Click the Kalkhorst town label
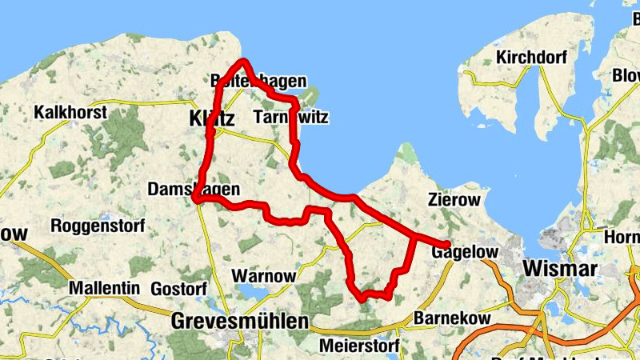pyautogui.click(x=70, y=113)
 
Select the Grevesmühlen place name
pyautogui.click(x=239, y=322)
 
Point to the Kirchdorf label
pyautogui.click(x=530, y=58)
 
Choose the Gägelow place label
pyautogui.click(x=465, y=253)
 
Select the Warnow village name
pyautogui.click(x=263, y=276)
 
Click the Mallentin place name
pyautogui.click(x=105, y=288)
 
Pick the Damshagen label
pyautogui.click(x=194, y=190)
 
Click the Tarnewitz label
pyautogui.click(x=290, y=118)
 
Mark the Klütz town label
pyautogui.click(x=212, y=119)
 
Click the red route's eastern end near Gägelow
pyautogui.click(x=446, y=245)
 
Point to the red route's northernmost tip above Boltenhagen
pyautogui.click(x=243, y=62)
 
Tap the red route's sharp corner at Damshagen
pyautogui.click(x=195, y=198)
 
